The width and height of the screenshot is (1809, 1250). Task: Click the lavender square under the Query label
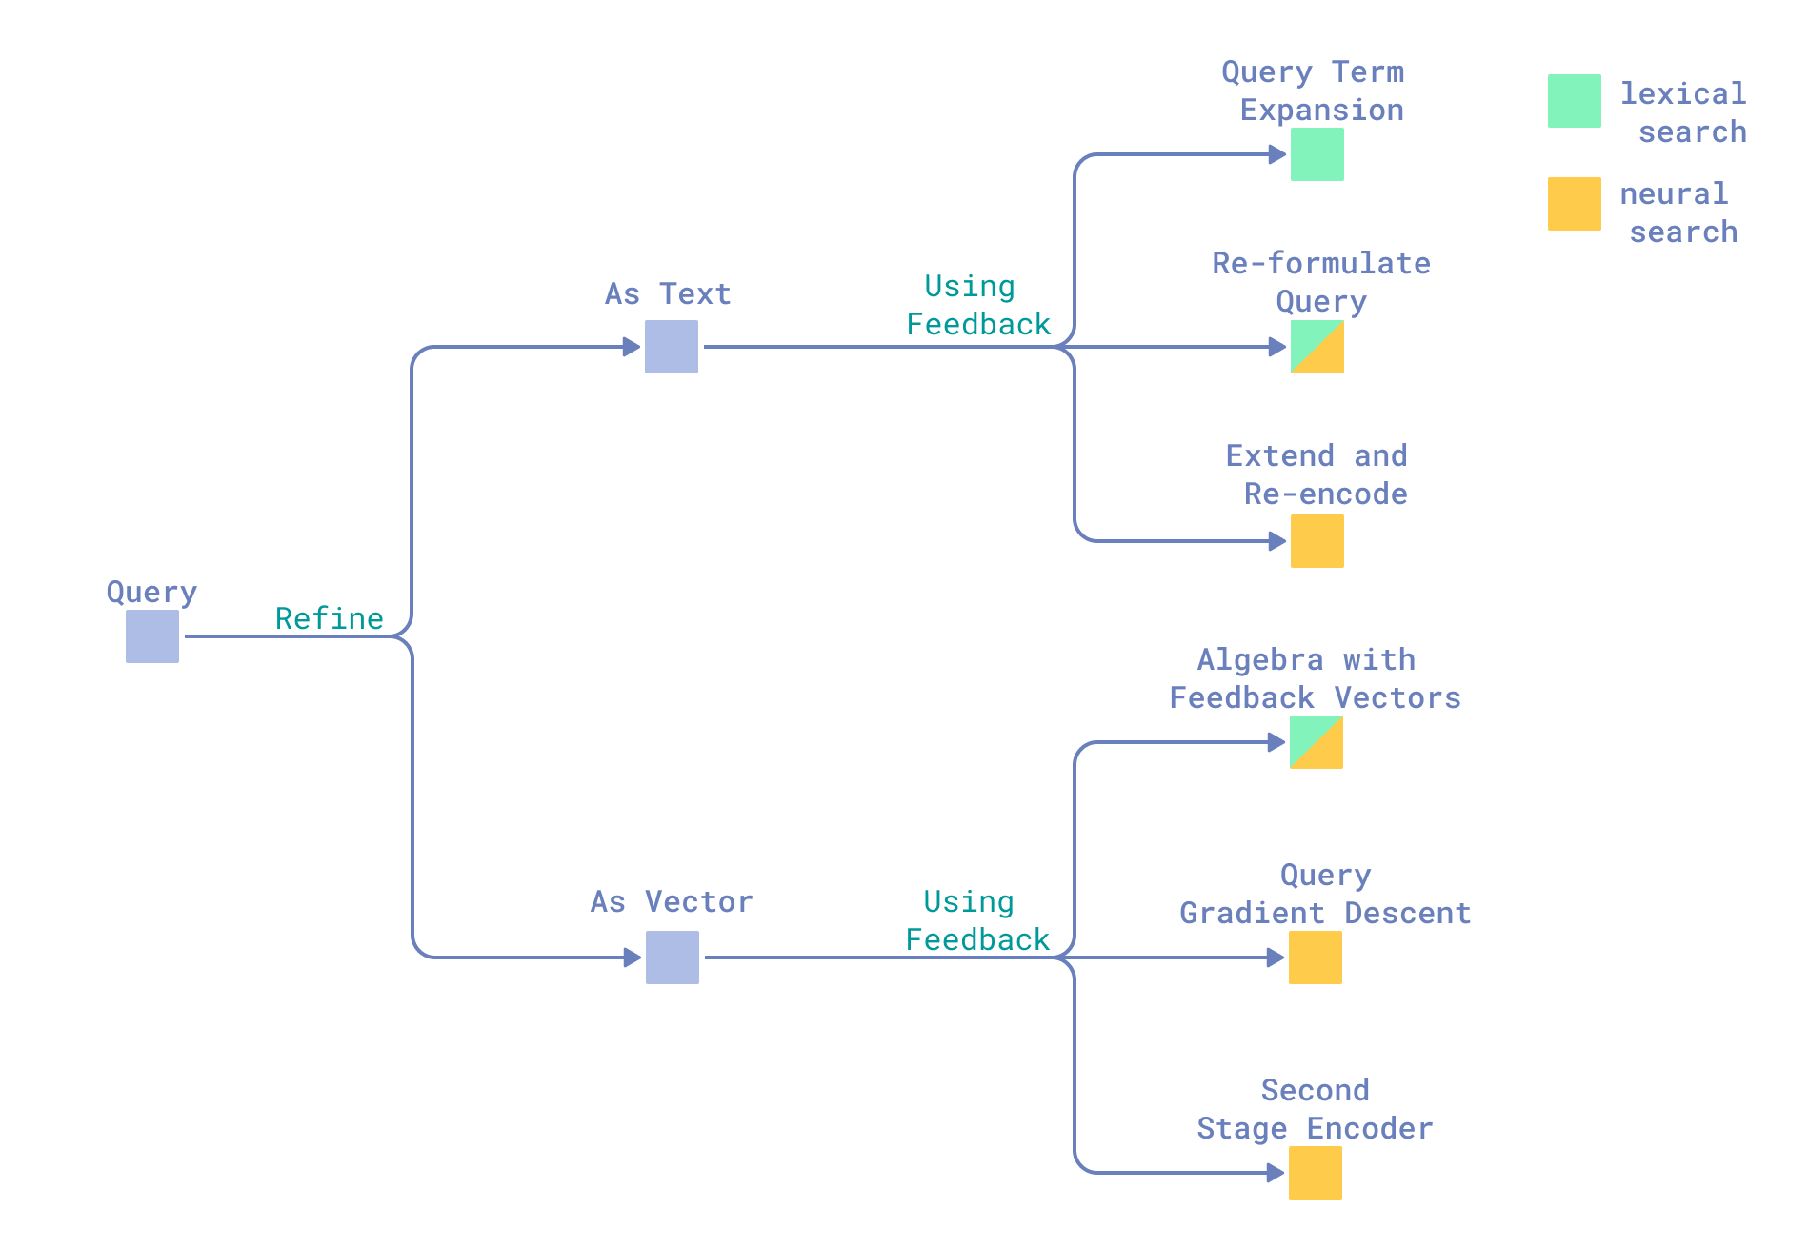click(x=152, y=636)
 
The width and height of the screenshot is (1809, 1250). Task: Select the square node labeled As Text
click(x=672, y=347)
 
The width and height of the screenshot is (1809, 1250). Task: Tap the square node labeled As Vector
click(x=673, y=958)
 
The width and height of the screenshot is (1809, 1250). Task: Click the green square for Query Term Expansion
click(x=1317, y=154)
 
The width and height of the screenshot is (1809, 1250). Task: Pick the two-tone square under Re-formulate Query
click(x=1317, y=347)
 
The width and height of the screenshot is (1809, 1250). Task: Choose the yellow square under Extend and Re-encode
click(x=1317, y=541)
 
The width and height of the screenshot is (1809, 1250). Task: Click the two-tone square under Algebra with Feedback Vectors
click(x=1317, y=742)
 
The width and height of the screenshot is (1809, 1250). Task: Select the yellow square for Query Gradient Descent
click(x=1316, y=958)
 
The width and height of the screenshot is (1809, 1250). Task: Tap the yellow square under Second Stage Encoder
click(x=1316, y=1173)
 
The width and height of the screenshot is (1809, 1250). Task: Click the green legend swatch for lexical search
click(x=1575, y=101)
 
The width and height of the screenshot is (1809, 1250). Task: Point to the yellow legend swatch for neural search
click(x=1575, y=204)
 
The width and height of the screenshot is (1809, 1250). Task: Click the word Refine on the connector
click(x=330, y=618)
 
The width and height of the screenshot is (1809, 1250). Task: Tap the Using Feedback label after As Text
click(x=977, y=306)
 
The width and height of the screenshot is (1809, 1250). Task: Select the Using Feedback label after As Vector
click(x=976, y=921)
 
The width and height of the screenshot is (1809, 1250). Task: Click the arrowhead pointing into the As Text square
click(x=632, y=347)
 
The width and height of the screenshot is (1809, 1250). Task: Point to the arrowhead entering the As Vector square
click(x=633, y=958)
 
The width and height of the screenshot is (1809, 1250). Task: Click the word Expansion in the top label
click(x=1322, y=111)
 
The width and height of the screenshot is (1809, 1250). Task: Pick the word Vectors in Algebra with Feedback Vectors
click(x=1397, y=698)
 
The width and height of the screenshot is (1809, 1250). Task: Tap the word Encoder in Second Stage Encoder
click(x=1370, y=1129)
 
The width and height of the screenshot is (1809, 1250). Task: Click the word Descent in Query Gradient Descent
click(x=1408, y=914)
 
